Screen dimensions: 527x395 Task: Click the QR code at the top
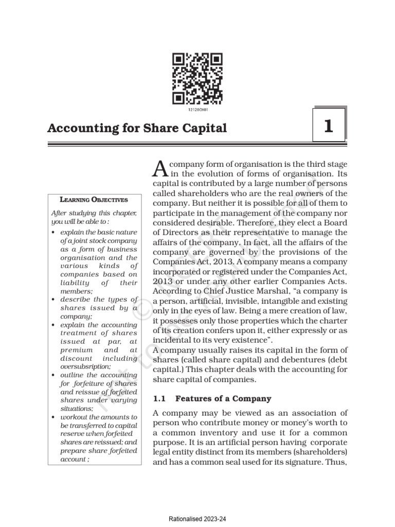pyautogui.click(x=197, y=79)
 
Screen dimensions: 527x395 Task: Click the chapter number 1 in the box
pyautogui.click(x=329, y=126)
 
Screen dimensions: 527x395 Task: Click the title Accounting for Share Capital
pyautogui.click(x=137, y=128)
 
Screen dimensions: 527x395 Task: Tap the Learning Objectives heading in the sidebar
pyautogui.click(x=94, y=199)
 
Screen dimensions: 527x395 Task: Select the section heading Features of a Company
pyautogui.click(x=223, y=398)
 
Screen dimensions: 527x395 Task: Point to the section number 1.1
pyautogui.click(x=160, y=398)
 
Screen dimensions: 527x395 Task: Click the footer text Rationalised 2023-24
pyautogui.click(x=197, y=519)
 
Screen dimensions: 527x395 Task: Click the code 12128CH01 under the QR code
pyautogui.click(x=197, y=110)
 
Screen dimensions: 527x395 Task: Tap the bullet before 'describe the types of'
pyautogui.click(x=55, y=299)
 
